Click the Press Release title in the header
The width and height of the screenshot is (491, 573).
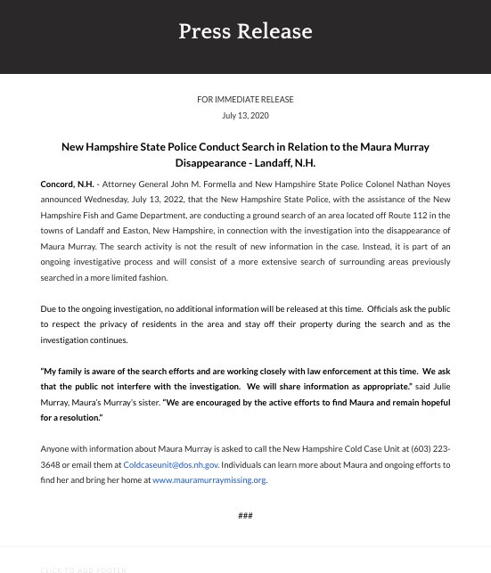coord(245,32)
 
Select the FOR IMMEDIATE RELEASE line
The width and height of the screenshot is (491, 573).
coord(245,100)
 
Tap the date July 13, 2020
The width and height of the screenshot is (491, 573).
coord(245,116)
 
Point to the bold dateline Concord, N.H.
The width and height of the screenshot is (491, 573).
coord(65,184)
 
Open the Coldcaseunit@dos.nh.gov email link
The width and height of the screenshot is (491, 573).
coord(171,465)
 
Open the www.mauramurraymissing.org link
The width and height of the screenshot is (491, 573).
coord(209,480)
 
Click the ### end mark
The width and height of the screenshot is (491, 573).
coord(245,515)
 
